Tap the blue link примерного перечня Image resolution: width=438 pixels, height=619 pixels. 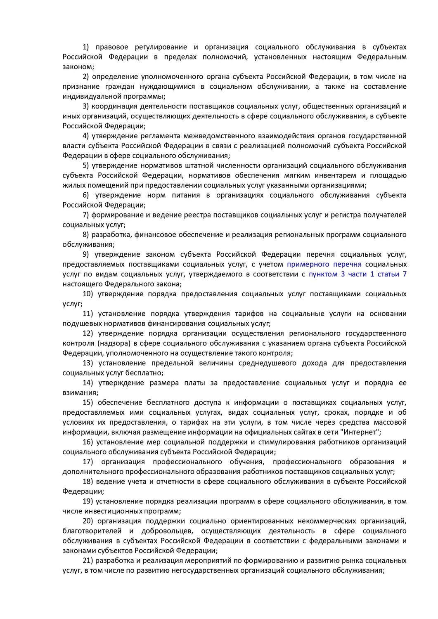point(324,265)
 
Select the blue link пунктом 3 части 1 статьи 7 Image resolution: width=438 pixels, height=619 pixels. point(358,274)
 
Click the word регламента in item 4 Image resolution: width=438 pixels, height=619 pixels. point(159,136)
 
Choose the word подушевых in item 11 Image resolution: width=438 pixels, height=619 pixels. point(80,324)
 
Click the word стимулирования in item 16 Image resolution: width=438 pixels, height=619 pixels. point(289,442)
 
